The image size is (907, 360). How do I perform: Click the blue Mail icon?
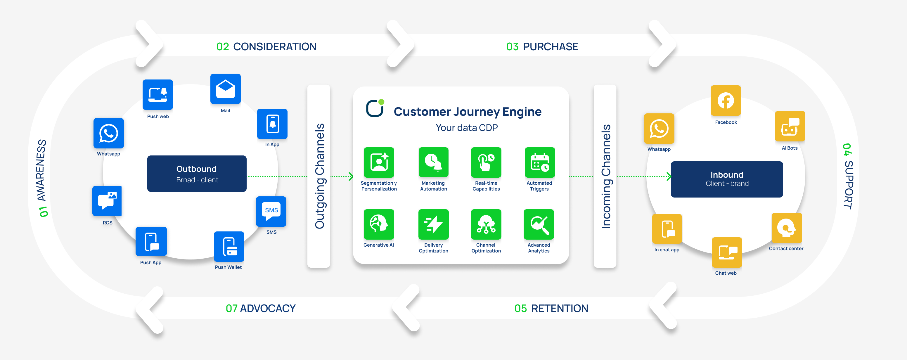pos(225,89)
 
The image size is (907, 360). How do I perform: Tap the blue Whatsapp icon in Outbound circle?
pos(108,133)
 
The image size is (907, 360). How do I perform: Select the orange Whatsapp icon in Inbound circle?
pos(659,129)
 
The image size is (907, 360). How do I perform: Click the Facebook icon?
pos(726,101)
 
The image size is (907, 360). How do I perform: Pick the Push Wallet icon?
pos(229,247)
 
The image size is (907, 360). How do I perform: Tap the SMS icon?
pos(271,211)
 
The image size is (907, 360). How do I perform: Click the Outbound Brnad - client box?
pos(197,174)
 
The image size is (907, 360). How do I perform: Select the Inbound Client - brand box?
pos(727,179)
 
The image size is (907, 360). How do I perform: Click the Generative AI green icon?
pos(378,224)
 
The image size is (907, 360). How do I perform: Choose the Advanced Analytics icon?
pos(539,224)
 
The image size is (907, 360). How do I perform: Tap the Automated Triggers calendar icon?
pos(539,162)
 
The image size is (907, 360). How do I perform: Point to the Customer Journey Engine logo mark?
pos(375,108)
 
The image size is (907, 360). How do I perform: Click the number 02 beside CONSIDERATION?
pos(223,46)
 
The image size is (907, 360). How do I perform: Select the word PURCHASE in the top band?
pos(550,46)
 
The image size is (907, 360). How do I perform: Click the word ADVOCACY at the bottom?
pos(268,308)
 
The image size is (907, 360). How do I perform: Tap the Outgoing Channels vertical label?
pos(319,176)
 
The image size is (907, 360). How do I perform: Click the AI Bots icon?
pos(790,127)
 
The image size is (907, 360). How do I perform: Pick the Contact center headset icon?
pos(786,228)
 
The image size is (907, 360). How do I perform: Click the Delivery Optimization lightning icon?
pos(433,224)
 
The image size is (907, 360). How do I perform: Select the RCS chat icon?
pos(107,201)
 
